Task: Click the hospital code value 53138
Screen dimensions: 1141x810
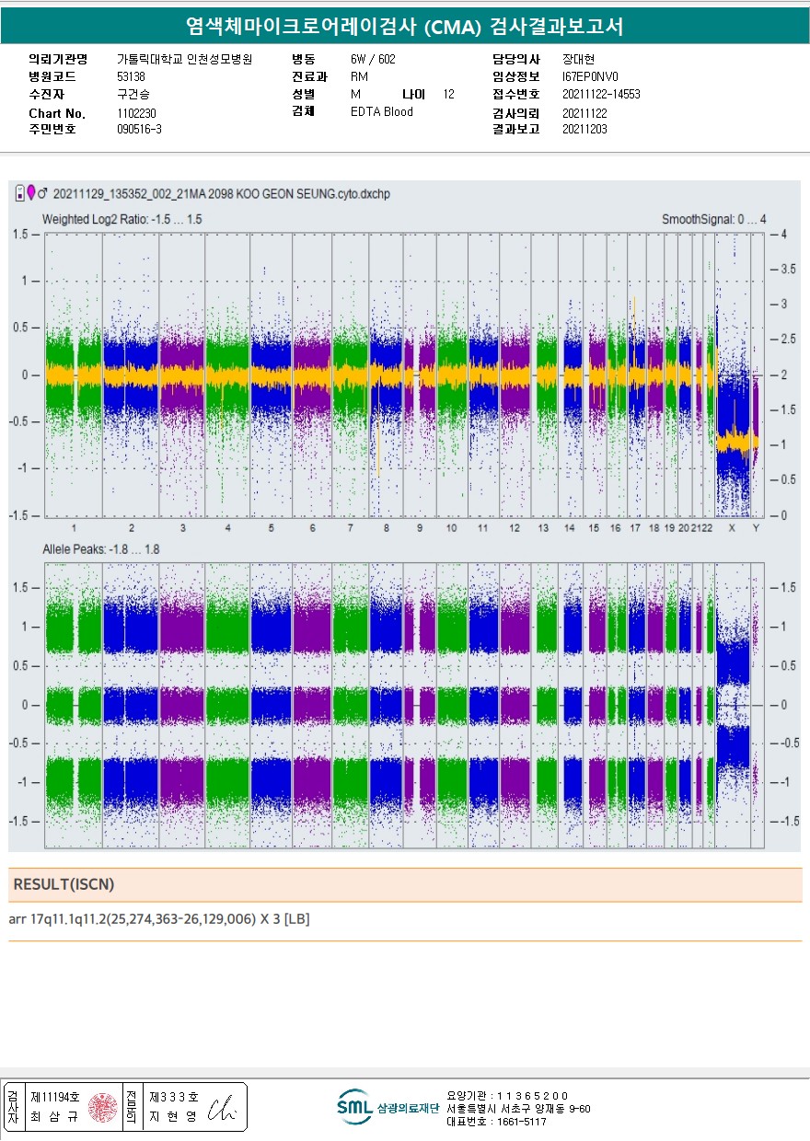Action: pyautogui.click(x=131, y=76)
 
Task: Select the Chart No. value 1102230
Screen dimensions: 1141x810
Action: pyautogui.click(x=136, y=112)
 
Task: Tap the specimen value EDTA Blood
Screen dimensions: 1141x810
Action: pyautogui.click(x=382, y=112)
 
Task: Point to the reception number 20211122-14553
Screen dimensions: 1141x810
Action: pyautogui.click(x=601, y=95)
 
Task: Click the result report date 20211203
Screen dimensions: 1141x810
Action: pyautogui.click(x=584, y=130)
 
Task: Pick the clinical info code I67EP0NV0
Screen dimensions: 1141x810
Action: pyautogui.click(x=590, y=77)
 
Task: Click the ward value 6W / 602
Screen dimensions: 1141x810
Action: pyautogui.click(x=373, y=59)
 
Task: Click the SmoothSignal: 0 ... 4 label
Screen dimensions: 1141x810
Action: pyautogui.click(x=713, y=220)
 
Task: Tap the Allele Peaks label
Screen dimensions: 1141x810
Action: pyautogui.click(x=101, y=549)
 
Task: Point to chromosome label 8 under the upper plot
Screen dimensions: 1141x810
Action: pyautogui.click(x=387, y=528)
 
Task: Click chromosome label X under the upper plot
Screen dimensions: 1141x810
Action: pyautogui.click(x=732, y=528)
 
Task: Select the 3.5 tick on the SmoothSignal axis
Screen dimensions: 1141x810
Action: pyautogui.click(x=788, y=270)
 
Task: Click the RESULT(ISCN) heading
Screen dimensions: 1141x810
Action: pyautogui.click(x=64, y=884)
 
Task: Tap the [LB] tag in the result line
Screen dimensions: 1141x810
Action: pyautogui.click(x=296, y=919)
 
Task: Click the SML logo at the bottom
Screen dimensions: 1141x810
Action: pyautogui.click(x=354, y=1107)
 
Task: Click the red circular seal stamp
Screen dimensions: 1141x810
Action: pyautogui.click(x=103, y=1107)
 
